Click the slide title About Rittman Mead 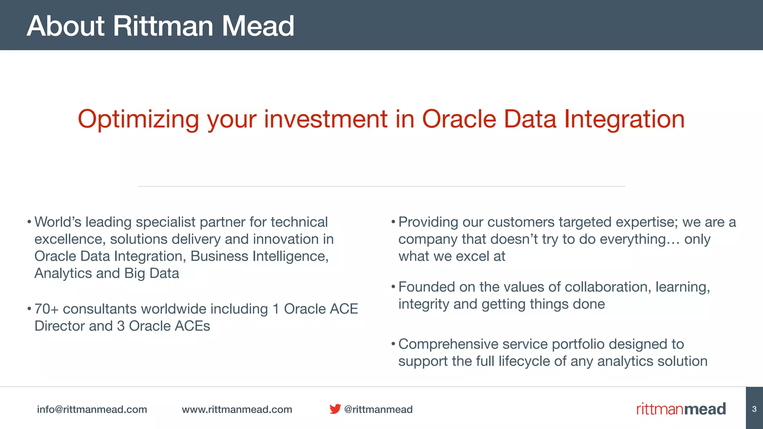160,26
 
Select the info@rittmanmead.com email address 92,409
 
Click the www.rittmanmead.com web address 237,409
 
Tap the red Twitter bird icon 335,409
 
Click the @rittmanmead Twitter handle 379,409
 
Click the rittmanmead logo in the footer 681,409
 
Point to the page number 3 754,409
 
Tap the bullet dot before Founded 393,287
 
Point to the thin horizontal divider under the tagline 381,186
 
